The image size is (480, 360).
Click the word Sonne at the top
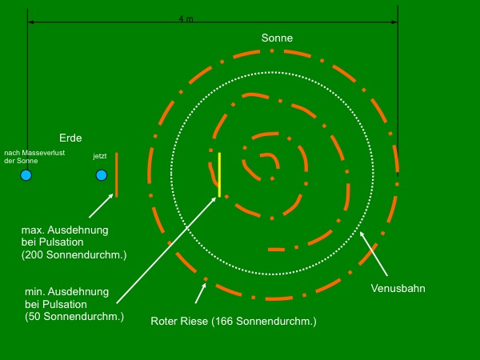277,38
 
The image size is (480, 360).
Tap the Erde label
70,138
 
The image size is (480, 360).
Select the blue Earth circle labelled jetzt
101,175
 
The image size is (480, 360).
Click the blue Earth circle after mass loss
26,175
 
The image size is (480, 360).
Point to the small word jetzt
100,157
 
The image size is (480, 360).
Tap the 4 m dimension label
186,18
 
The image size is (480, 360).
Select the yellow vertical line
219,174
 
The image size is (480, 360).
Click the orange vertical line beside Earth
116,174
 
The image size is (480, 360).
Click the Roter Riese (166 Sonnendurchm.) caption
234,322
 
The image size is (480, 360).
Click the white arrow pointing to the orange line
100,206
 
